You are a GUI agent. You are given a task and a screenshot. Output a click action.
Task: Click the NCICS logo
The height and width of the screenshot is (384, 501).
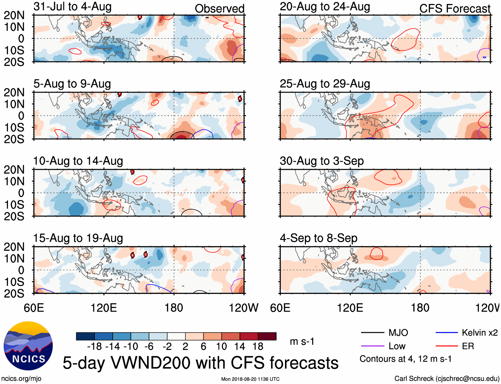[28, 346]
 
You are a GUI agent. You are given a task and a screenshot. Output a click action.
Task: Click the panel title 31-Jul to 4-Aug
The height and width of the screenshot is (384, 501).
[72, 7]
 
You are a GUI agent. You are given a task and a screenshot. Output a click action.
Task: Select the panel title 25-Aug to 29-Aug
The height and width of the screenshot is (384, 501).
[324, 84]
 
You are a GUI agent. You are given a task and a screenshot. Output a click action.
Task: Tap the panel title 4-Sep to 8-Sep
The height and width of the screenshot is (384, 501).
[319, 238]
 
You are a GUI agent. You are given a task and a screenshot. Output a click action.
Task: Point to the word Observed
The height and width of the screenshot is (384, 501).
[219, 9]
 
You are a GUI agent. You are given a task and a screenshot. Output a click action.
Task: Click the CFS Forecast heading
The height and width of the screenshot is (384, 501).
[455, 9]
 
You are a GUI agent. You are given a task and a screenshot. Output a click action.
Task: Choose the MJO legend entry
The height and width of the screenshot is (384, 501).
[385, 333]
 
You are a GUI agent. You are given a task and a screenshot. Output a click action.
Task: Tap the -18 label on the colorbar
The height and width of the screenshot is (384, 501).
[95, 347]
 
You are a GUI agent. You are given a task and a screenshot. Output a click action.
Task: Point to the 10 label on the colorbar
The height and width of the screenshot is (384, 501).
[221, 347]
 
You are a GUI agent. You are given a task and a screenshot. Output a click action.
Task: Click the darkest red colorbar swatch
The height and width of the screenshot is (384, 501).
[267, 336]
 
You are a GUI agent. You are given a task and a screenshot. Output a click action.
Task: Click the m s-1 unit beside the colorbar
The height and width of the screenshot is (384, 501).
[302, 341]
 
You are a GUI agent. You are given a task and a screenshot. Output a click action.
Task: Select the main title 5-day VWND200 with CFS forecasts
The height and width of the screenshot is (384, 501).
[200, 363]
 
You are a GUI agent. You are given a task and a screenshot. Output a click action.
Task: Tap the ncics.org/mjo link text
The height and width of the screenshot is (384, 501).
[21, 379]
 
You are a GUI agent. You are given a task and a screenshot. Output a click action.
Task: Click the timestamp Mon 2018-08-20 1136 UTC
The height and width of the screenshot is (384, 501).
[250, 379]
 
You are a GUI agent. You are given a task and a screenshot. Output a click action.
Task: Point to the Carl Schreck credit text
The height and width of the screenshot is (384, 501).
[447, 379]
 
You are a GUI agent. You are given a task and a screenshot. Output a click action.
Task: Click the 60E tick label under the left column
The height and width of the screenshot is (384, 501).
[34, 308]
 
